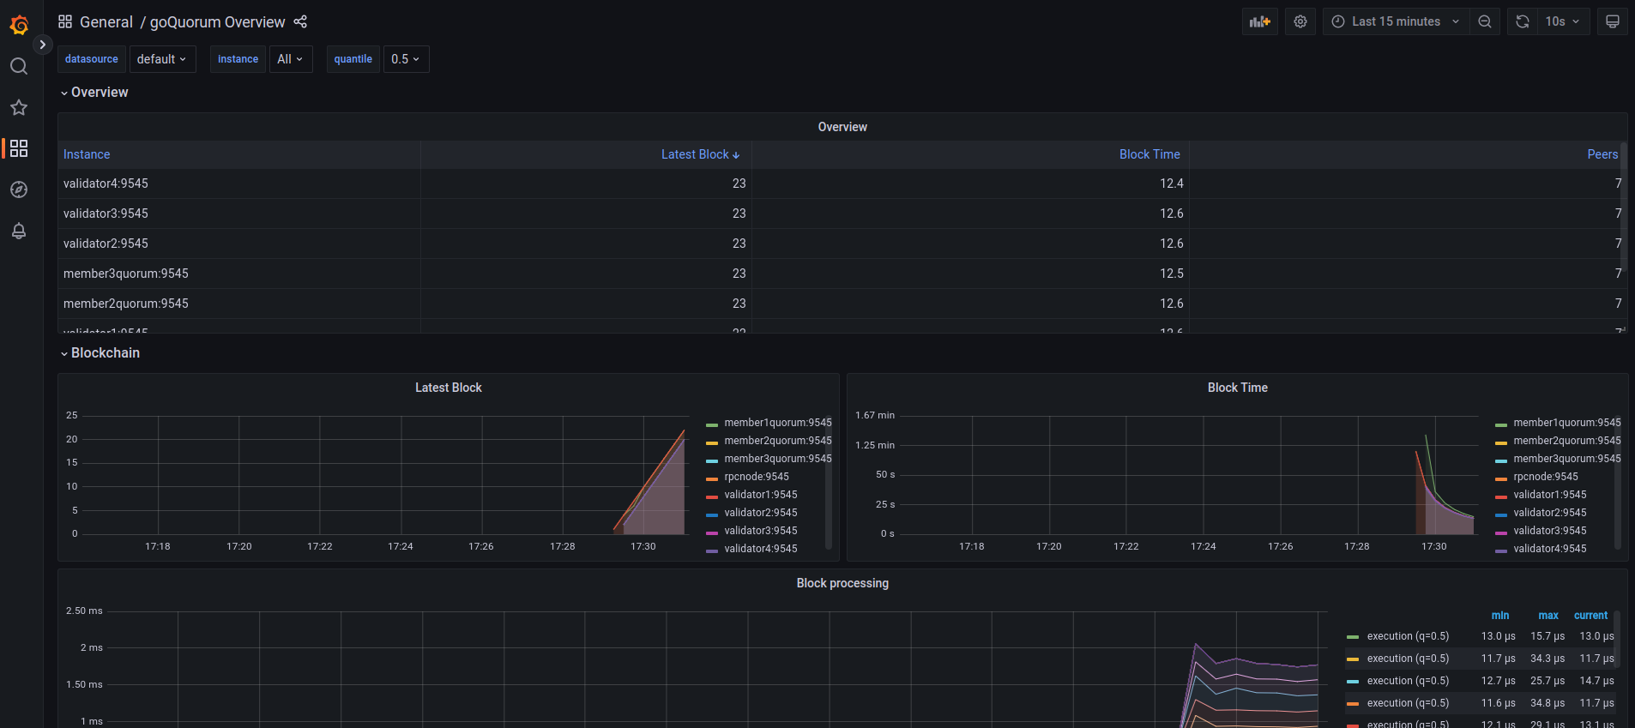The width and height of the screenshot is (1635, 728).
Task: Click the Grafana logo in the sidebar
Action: pyautogui.click(x=19, y=25)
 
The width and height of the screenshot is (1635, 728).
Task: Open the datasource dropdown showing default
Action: pyautogui.click(x=162, y=59)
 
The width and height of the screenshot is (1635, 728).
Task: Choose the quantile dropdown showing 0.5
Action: pyautogui.click(x=406, y=59)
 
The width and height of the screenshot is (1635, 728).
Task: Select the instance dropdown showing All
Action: pyautogui.click(x=290, y=59)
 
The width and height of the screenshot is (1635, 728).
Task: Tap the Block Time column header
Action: pyautogui.click(x=1149, y=154)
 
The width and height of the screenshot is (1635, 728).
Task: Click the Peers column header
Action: pyautogui.click(x=1602, y=154)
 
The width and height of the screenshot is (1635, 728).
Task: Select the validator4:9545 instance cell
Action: pyautogui.click(x=106, y=184)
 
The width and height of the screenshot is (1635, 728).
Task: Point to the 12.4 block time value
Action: pyautogui.click(x=1171, y=184)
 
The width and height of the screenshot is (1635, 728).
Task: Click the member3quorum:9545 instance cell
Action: pyautogui.click(x=126, y=274)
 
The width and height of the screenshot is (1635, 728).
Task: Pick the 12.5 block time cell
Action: pyautogui.click(x=1171, y=274)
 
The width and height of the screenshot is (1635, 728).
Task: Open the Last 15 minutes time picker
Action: pyautogui.click(x=1396, y=21)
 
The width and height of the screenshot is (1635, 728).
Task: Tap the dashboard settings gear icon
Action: pyautogui.click(x=1300, y=21)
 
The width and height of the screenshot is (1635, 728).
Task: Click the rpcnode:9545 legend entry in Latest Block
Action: pyautogui.click(x=756, y=477)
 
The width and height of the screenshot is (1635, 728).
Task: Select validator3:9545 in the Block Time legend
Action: pyautogui.click(x=1549, y=531)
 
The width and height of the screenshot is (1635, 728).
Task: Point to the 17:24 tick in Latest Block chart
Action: pyautogui.click(x=401, y=546)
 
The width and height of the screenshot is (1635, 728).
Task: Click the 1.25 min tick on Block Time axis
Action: pyautogui.click(x=875, y=445)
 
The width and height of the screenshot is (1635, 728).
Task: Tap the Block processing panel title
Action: pyautogui.click(x=842, y=583)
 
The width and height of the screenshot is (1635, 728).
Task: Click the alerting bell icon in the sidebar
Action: pyautogui.click(x=19, y=231)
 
